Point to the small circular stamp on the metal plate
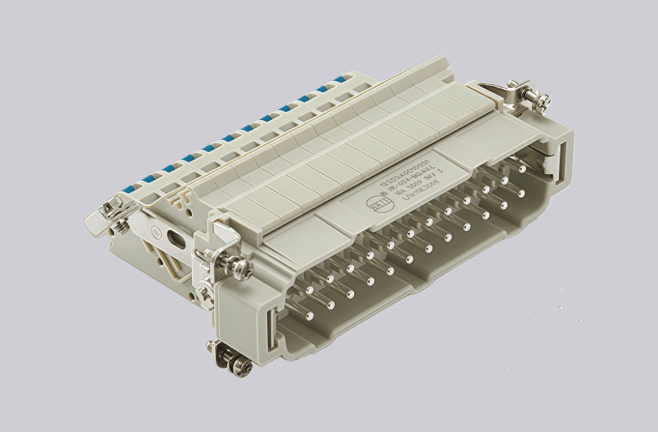[x=157, y=232]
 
